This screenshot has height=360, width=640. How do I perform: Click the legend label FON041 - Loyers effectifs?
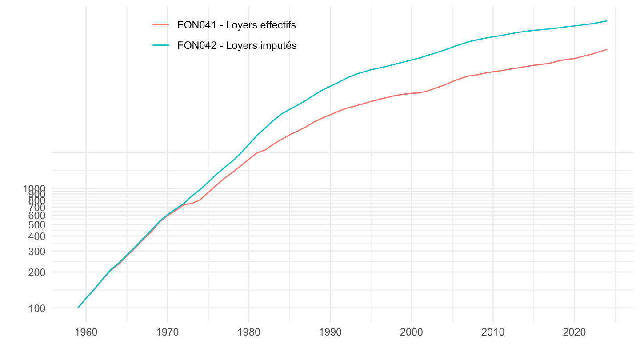click(236, 25)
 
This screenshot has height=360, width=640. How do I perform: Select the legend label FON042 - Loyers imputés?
click(236, 45)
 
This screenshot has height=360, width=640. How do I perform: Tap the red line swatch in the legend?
click(160, 25)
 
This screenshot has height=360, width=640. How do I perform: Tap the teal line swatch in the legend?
click(160, 45)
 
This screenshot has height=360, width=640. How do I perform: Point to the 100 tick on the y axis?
click(37, 308)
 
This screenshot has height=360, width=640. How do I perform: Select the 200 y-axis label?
click(37, 272)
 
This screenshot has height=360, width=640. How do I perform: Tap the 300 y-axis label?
click(37, 251)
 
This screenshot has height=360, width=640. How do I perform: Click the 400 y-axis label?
click(37, 236)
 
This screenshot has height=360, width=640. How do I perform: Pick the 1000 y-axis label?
click(34, 188)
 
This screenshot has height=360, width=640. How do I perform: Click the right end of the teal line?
click(607, 21)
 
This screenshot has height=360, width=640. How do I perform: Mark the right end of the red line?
click(607, 49)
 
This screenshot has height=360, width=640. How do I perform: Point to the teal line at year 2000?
click(412, 60)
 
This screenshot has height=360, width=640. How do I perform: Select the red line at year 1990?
click(330, 114)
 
